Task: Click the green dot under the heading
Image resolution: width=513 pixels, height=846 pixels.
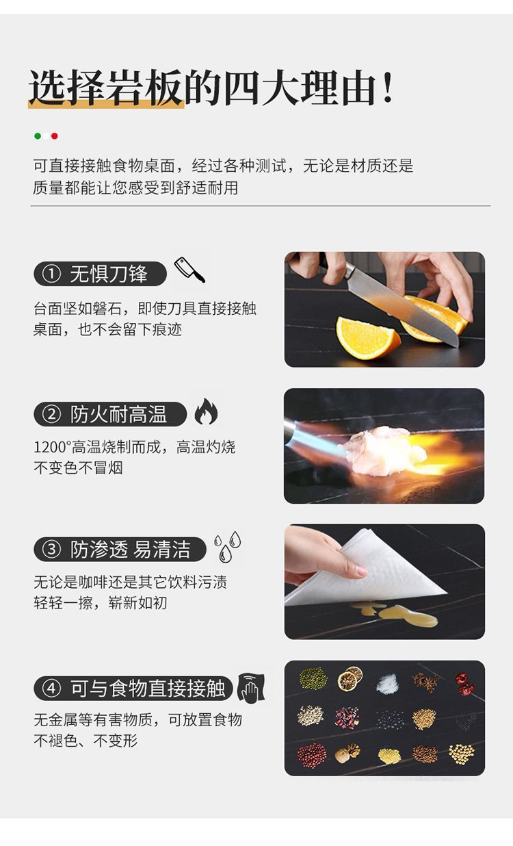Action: point(38,136)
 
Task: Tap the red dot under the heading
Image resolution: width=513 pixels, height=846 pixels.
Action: point(55,136)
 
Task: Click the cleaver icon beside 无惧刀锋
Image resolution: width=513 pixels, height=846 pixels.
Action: point(189,270)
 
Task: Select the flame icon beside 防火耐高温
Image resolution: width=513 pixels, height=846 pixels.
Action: point(206,411)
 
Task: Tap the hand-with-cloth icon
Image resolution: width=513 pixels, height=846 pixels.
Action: point(251,688)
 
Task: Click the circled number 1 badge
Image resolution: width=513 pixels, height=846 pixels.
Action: point(51,274)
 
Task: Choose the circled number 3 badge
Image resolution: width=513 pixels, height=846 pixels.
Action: point(51,549)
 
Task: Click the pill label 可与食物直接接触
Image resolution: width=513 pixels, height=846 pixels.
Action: point(133,688)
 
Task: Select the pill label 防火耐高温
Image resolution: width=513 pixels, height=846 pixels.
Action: point(110,414)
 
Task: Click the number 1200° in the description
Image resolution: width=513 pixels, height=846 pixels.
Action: point(53,447)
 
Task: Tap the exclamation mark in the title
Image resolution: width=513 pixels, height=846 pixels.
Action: point(387,88)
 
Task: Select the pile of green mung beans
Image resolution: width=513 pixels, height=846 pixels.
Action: point(313,678)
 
